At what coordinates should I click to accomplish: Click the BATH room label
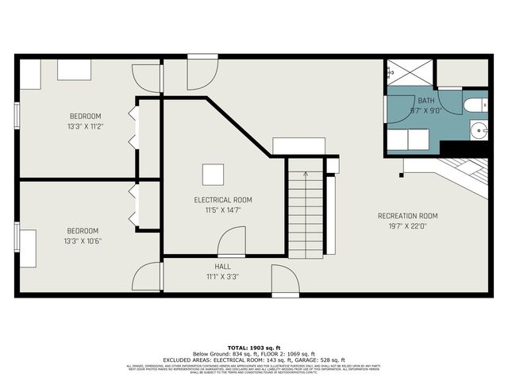point(427,101)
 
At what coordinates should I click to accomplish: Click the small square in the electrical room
point(212,174)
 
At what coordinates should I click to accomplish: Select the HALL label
point(223,267)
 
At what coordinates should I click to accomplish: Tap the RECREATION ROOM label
point(407,216)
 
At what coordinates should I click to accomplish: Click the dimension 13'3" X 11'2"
point(85,126)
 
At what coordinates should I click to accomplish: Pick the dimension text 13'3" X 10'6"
point(84,241)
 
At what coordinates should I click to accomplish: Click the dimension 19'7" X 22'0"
point(407,226)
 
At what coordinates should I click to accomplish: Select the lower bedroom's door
point(148,278)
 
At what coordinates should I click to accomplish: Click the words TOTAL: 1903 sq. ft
point(254,348)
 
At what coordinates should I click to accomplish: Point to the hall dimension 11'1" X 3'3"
point(223,277)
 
